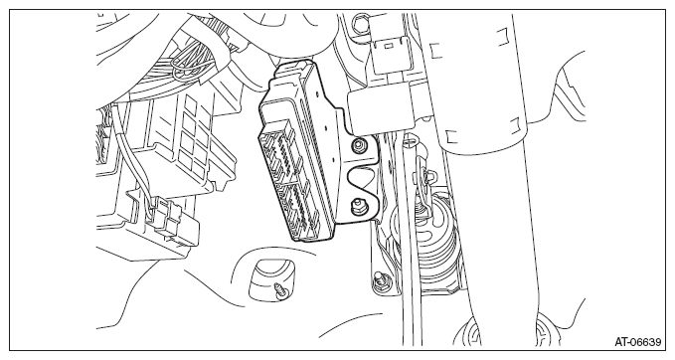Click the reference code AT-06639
point(637,342)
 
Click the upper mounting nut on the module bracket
point(357,144)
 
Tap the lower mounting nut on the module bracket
point(357,207)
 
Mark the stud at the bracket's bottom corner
point(380,278)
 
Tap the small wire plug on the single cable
point(171,221)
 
